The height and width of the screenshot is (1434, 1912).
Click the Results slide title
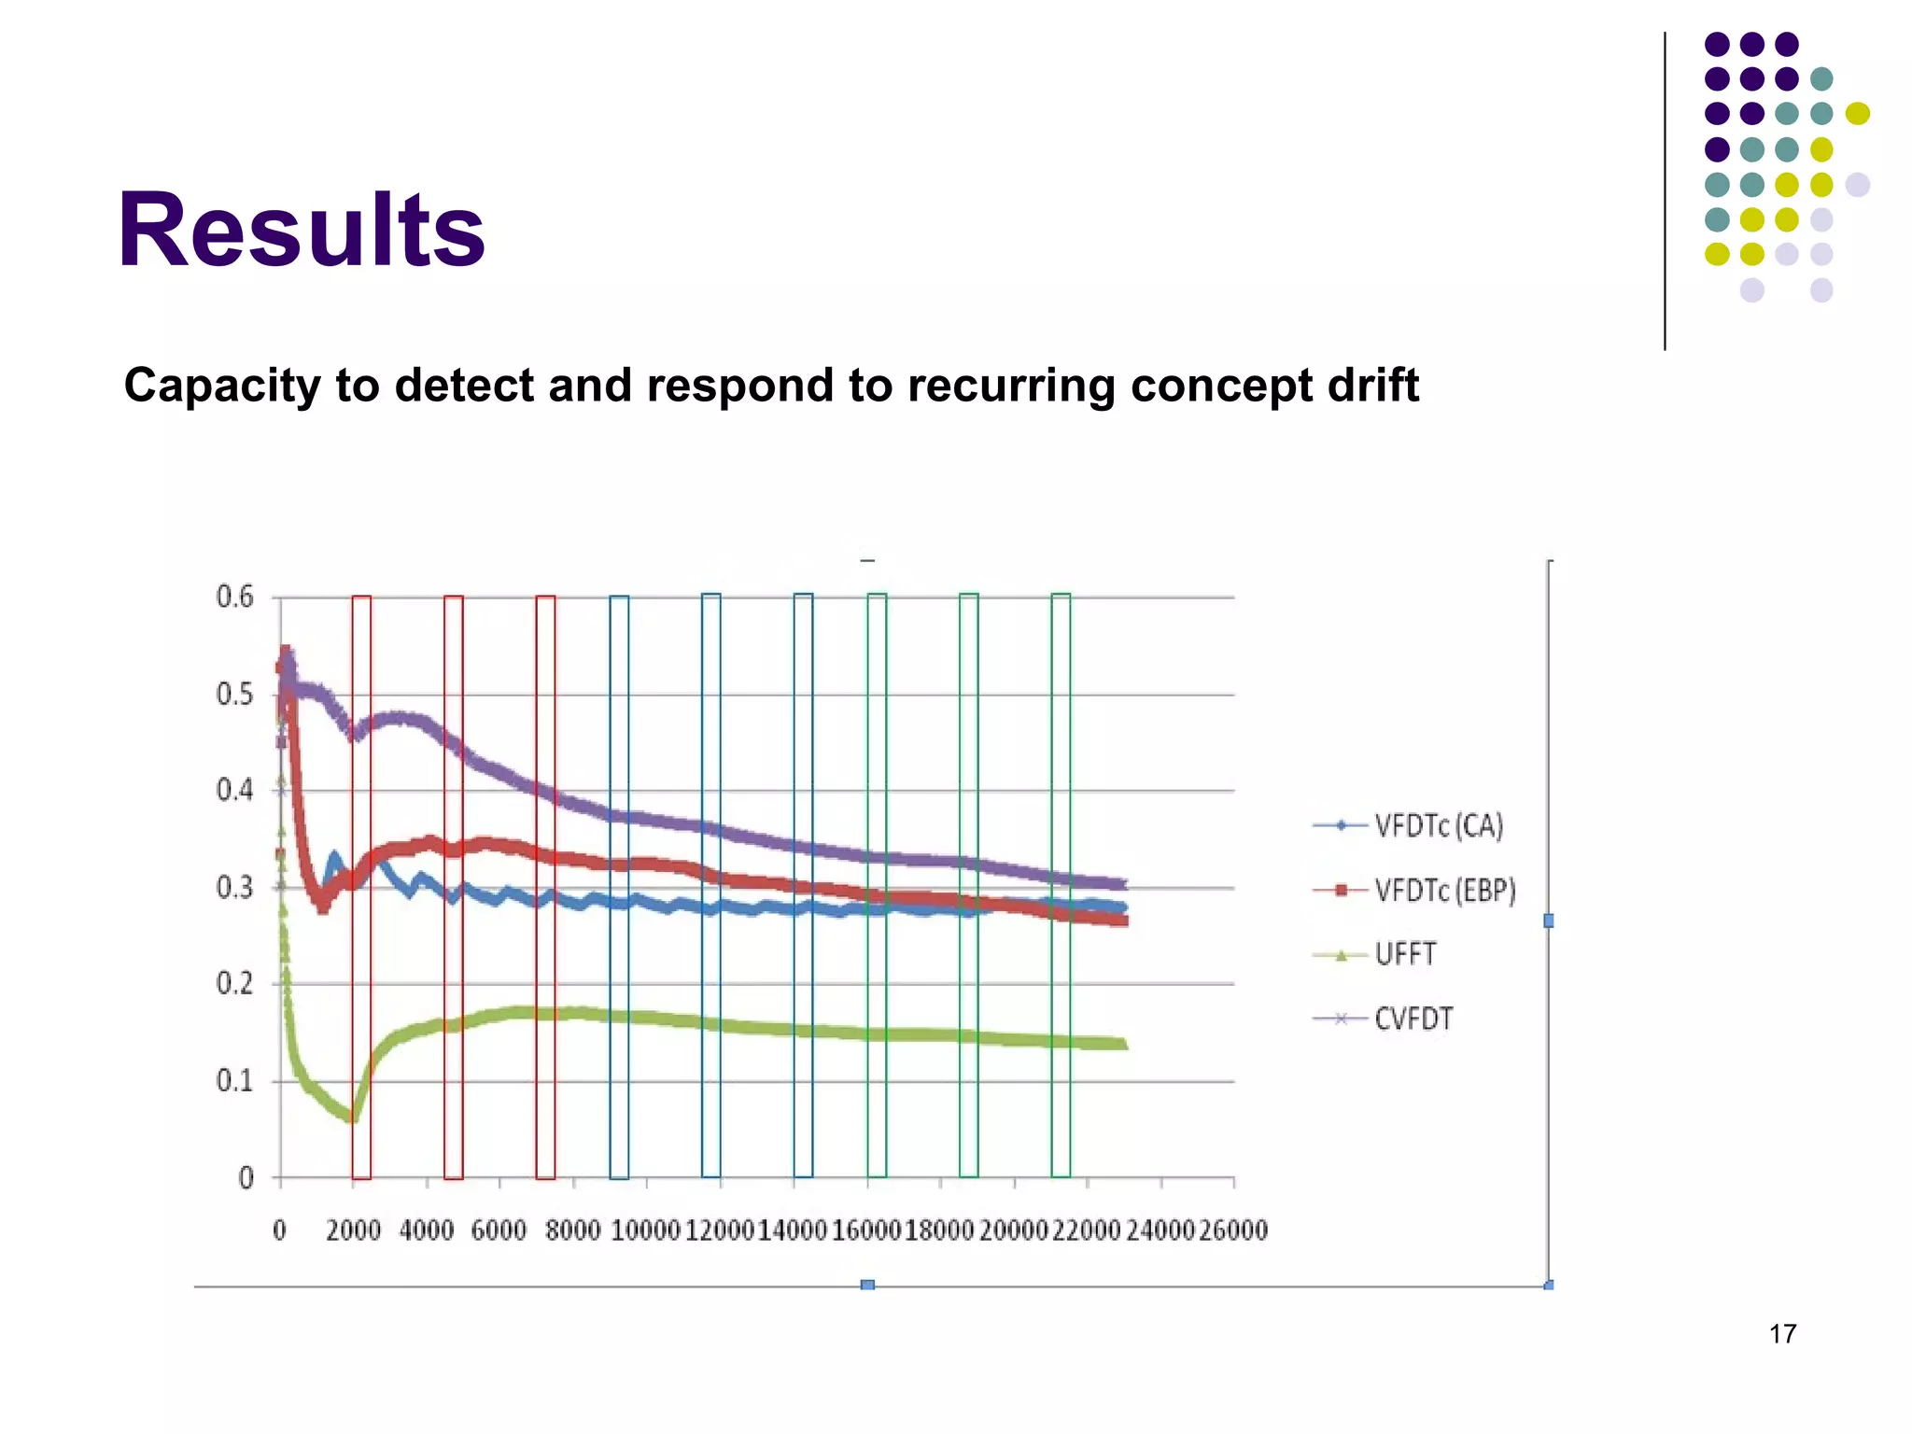301,230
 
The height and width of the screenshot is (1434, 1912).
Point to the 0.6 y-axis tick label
234,597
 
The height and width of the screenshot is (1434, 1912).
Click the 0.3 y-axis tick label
234,887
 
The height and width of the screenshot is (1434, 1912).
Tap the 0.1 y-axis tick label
234,1081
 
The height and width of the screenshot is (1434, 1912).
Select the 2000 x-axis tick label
353,1230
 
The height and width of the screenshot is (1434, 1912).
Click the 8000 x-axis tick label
572,1230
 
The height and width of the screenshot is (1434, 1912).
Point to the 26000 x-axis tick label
1233,1230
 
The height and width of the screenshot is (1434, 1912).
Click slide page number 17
1782,1334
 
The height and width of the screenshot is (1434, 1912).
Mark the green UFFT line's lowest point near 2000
351,1118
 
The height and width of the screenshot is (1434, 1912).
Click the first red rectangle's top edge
361,597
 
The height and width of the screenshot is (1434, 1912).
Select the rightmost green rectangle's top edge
1061,594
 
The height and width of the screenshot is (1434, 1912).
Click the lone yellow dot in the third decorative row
1857,113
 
